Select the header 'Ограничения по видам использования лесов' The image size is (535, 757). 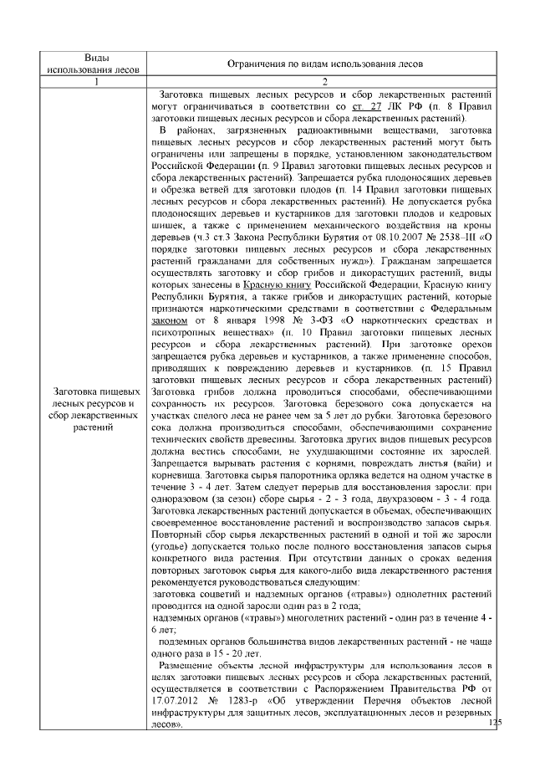click(x=321, y=63)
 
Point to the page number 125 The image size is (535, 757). click(x=495, y=722)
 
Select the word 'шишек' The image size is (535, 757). click(x=167, y=213)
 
